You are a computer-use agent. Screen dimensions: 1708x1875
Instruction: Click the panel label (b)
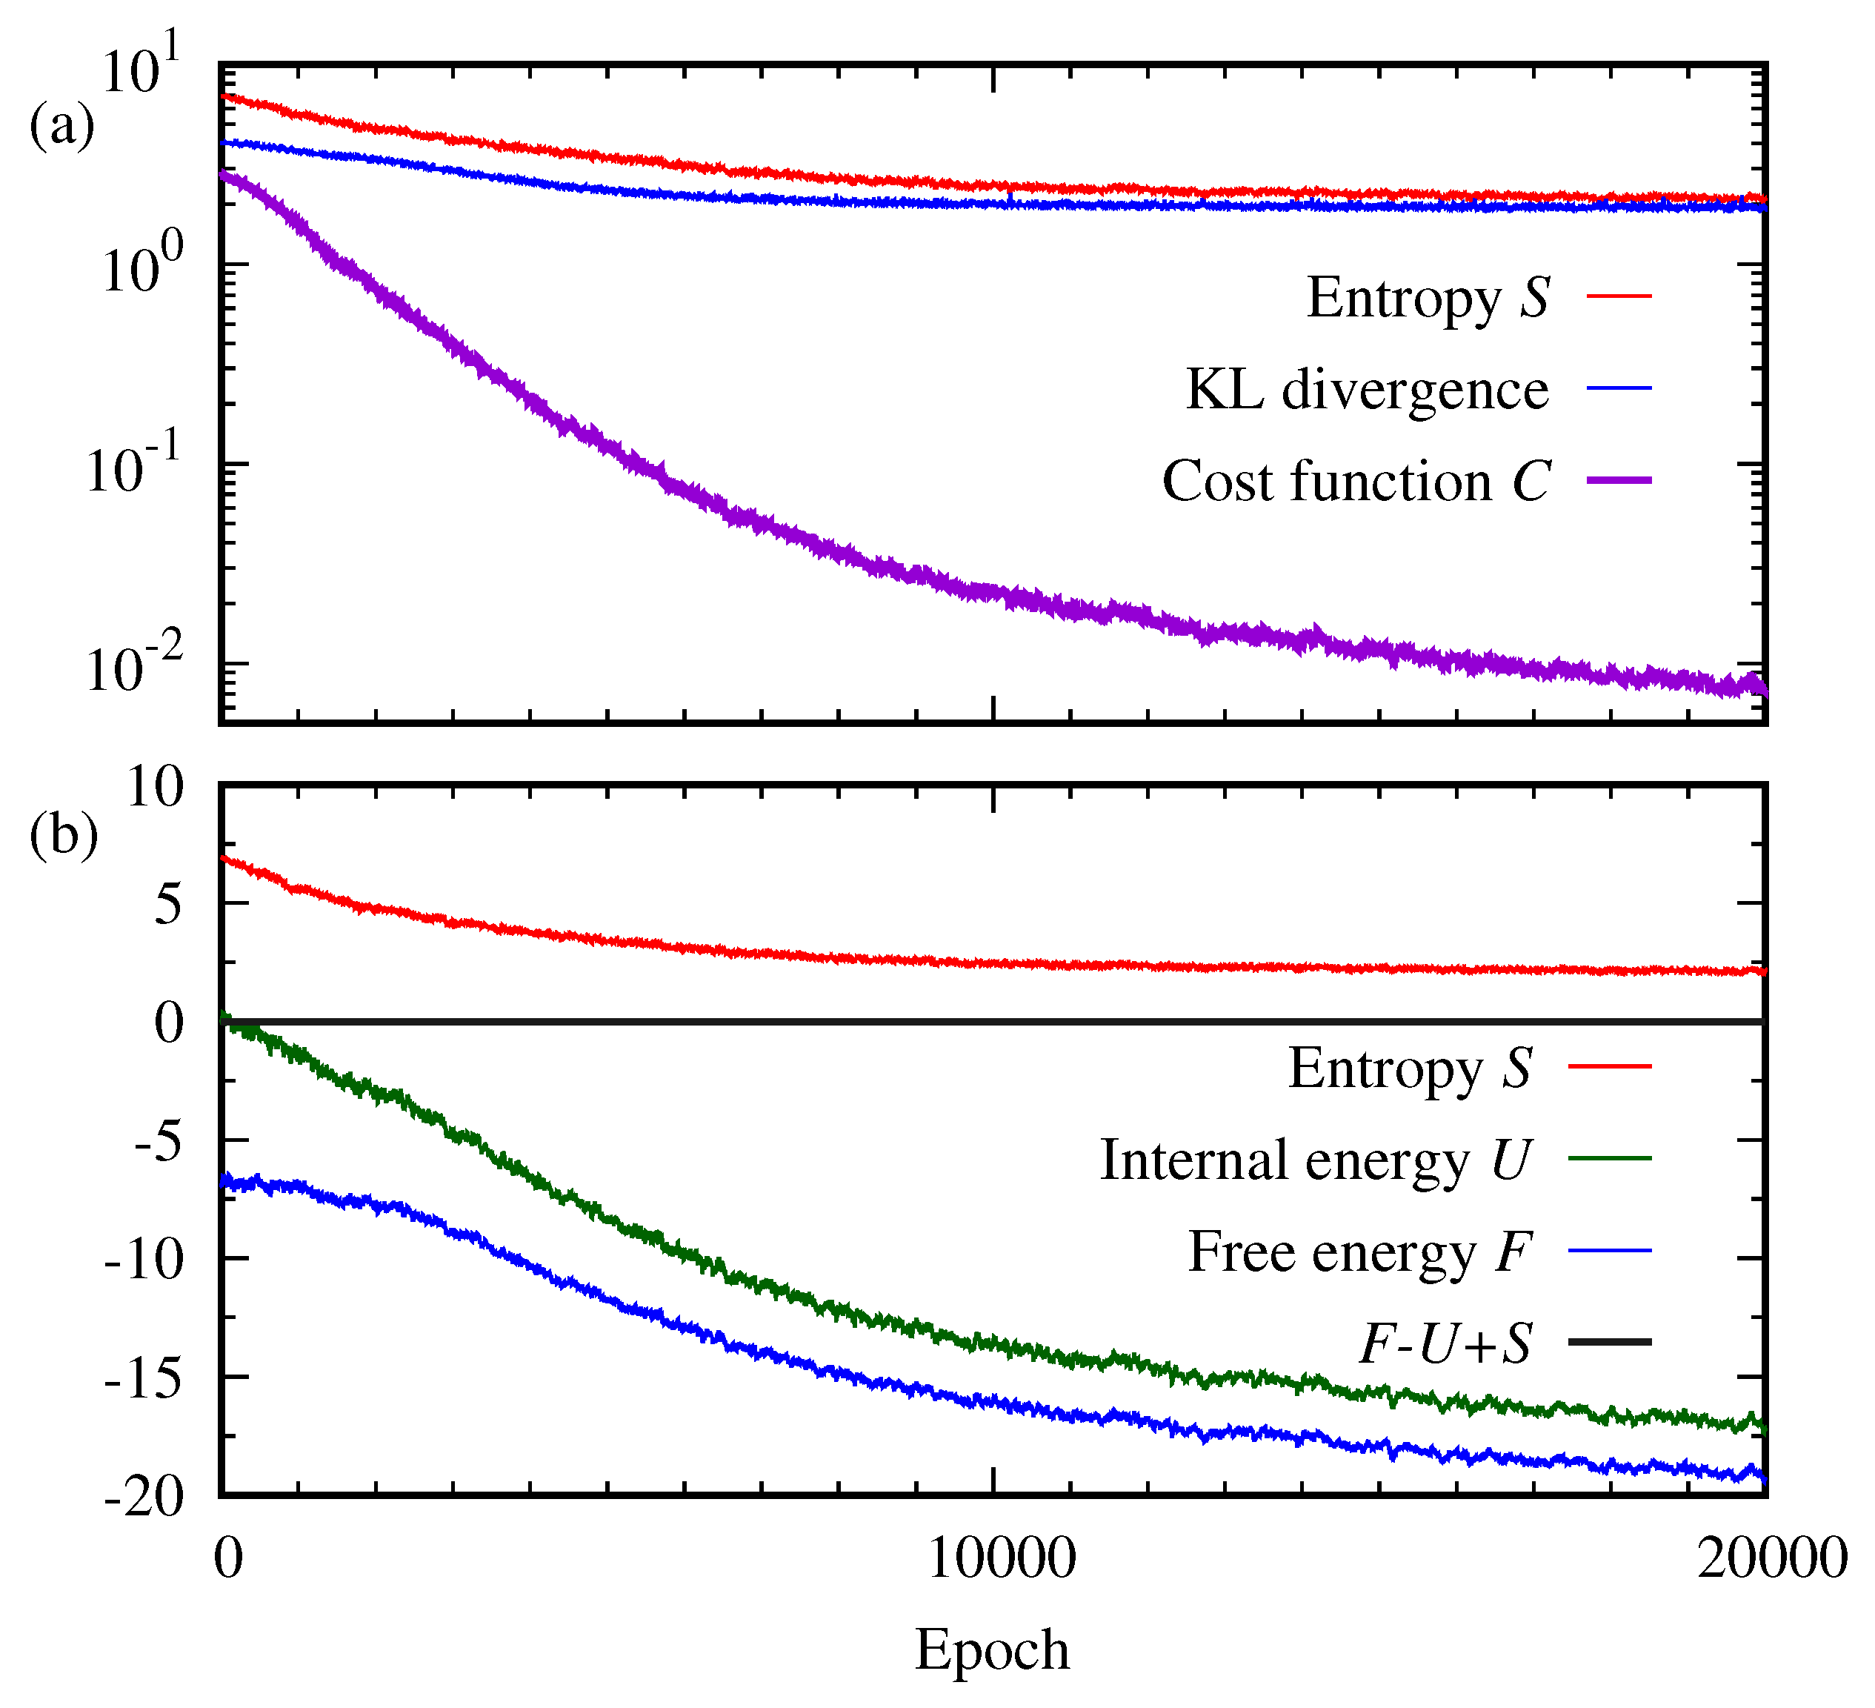click(x=63, y=834)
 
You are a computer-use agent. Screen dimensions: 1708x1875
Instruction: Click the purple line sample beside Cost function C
click(x=1618, y=481)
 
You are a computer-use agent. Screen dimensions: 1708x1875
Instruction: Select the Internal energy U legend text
click(x=1315, y=1161)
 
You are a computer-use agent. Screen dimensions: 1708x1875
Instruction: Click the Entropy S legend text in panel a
click(x=1427, y=299)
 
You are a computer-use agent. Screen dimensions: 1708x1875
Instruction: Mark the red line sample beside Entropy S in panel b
click(x=1609, y=1066)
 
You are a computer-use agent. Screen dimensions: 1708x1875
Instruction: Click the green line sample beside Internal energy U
click(x=1609, y=1159)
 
